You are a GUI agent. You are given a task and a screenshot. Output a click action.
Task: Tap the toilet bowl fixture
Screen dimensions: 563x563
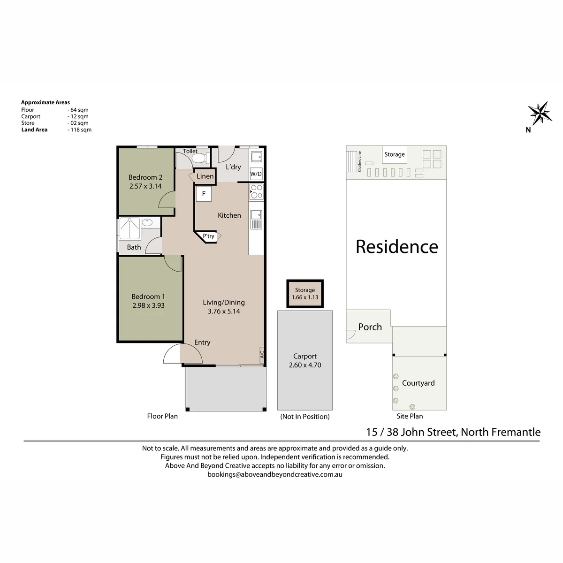coord(199,159)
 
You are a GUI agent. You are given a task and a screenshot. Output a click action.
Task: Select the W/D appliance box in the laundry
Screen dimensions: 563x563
coord(256,174)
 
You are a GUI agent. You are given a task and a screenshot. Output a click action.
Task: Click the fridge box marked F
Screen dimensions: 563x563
coord(204,194)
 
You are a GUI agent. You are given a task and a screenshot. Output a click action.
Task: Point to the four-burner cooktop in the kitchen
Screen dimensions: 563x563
coord(256,192)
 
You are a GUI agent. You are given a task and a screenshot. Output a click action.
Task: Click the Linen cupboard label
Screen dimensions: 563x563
coord(205,176)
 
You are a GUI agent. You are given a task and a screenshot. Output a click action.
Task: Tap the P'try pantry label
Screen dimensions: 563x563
coord(209,236)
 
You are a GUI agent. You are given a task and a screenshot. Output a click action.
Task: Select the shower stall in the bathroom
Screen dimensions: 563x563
coord(129,228)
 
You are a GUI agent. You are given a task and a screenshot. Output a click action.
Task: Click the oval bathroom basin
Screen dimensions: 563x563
coord(147,223)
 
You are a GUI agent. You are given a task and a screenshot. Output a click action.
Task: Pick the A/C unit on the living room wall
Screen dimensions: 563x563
coord(262,355)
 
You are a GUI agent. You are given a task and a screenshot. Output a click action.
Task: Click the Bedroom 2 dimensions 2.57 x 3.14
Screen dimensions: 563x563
coord(145,186)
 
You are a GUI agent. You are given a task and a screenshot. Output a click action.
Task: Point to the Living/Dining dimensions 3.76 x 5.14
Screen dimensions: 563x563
coord(224,311)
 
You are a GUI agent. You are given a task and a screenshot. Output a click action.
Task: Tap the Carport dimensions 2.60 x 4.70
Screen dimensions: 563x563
coord(305,365)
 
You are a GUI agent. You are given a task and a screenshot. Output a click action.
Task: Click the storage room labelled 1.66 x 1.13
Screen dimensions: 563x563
coord(305,294)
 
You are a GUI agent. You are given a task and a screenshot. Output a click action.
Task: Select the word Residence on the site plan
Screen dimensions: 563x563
coord(397,247)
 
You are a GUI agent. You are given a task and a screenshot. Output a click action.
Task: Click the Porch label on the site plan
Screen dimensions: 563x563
coord(370,327)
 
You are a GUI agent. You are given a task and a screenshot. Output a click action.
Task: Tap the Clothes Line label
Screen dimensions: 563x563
coord(359,161)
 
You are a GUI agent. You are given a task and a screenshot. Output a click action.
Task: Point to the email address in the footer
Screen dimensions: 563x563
coord(275,474)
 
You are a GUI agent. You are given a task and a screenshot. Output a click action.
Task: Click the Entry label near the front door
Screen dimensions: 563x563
coord(202,342)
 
